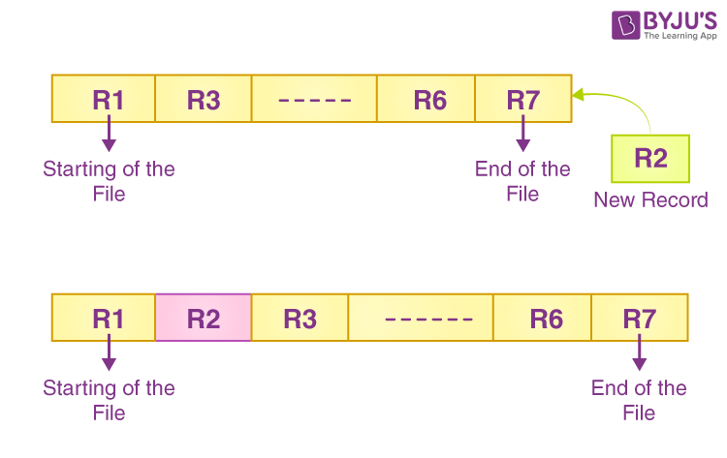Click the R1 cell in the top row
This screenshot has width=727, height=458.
pyautogui.click(x=104, y=99)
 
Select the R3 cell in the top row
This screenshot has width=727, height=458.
pyautogui.click(x=204, y=99)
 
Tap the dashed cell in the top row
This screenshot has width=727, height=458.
pyautogui.click(x=314, y=99)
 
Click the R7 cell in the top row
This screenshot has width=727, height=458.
pyautogui.click(x=522, y=99)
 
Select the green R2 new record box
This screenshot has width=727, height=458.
pyautogui.click(x=651, y=159)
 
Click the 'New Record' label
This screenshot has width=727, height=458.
pyautogui.click(x=651, y=200)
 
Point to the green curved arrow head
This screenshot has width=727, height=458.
pyautogui.click(x=579, y=95)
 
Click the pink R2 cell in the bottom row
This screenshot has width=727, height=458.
pyautogui.click(x=204, y=319)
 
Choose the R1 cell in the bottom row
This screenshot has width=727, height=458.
pyautogui.click(x=104, y=319)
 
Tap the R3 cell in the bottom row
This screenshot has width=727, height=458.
pyautogui.click(x=300, y=319)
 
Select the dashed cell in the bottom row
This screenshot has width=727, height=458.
pyautogui.click(x=421, y=319)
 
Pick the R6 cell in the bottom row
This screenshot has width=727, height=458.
pyautogui.click(x=543, y=319)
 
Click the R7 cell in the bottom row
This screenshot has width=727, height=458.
pyautogui.click(x=640, y=319)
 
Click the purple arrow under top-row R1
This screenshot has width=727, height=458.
pyautogui.click(x=109, y=133)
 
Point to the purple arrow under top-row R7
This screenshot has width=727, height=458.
pyautogui.click(x=523, y=133)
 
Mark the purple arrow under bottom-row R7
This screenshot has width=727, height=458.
pyautogui.click(x=640, y=352)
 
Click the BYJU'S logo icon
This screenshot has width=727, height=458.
pyautogui.click(x=625, y=24)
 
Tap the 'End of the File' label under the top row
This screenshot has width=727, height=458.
pyautogui.click(x=522, y=181)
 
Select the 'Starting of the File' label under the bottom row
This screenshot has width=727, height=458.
pyautogui.click(x=109, y=400)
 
